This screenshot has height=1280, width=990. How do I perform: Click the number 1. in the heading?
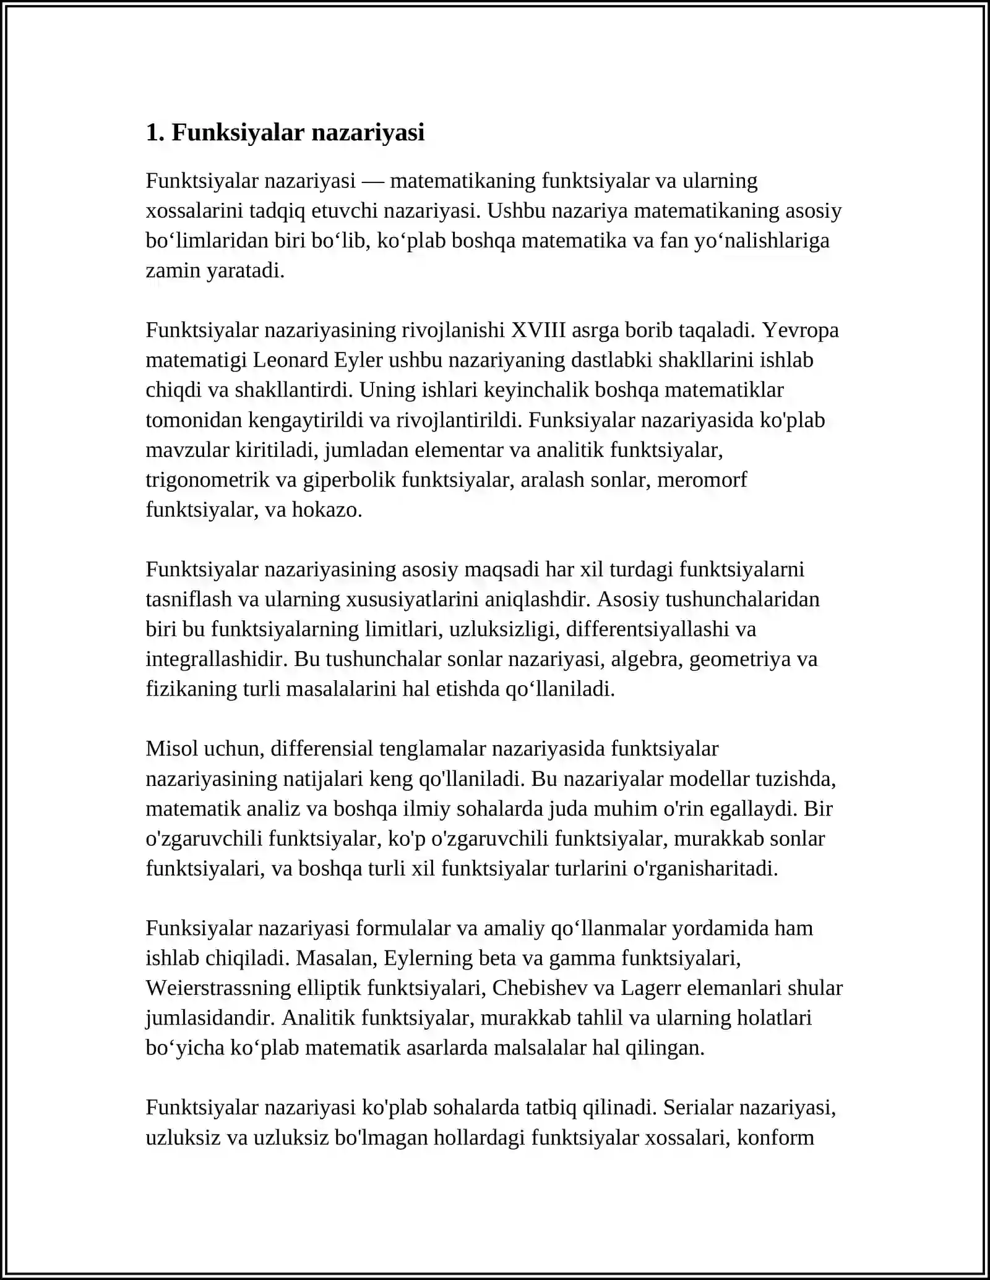[155, 133]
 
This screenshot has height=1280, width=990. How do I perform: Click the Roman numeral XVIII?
[538, 330]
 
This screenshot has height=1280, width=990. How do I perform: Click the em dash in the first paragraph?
[373, 181]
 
